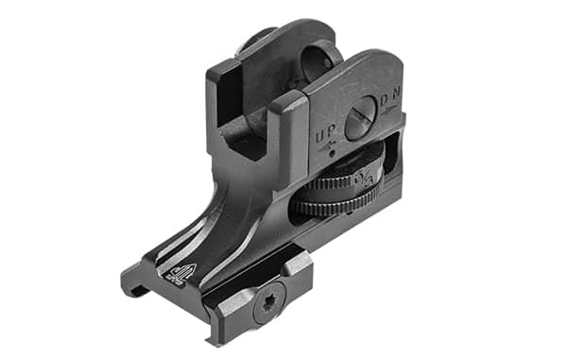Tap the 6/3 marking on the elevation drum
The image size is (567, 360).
click(368, 176)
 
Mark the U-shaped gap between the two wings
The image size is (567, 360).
click(248, 132)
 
